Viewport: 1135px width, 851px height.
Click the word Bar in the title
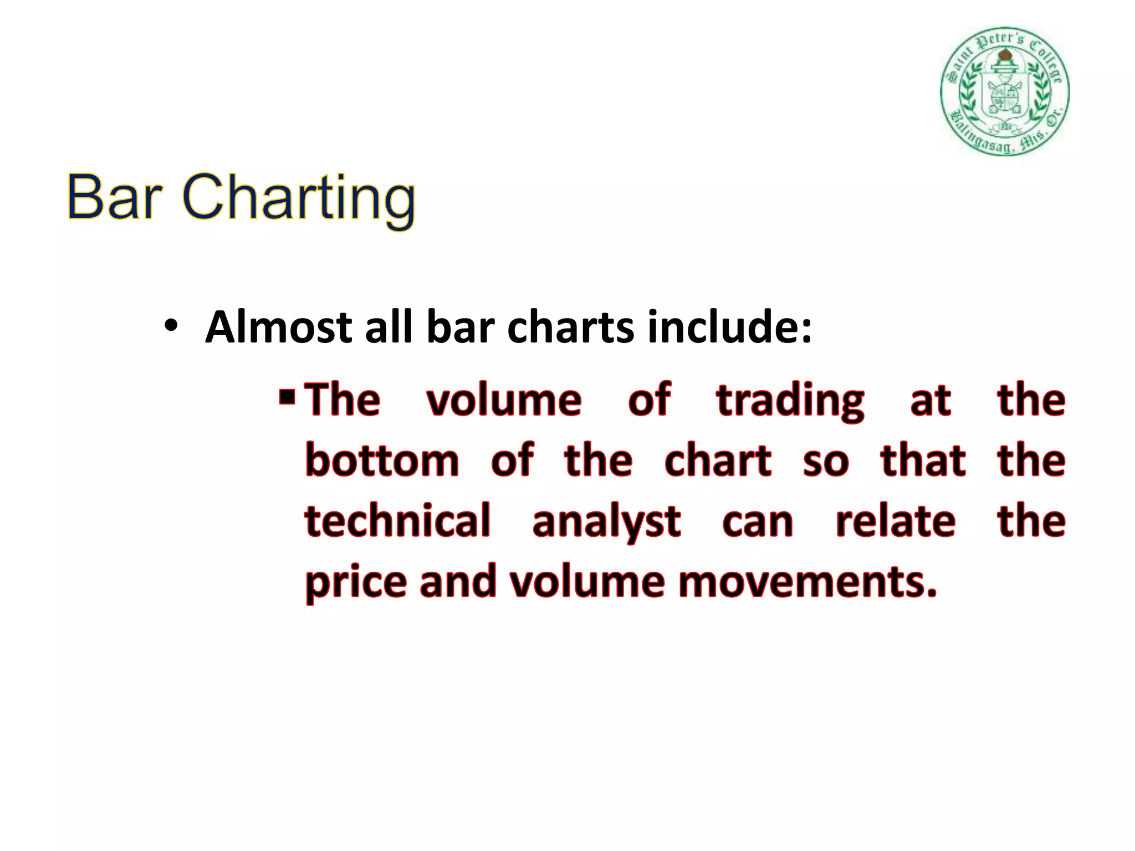coord(114,197)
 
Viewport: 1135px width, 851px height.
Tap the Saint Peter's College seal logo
coord(1004,91)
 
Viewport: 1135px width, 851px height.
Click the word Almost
coord(279,327)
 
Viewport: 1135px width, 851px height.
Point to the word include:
coord(729,327)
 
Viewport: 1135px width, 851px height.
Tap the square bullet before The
coord(287,397)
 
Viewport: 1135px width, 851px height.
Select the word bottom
coord(382,460)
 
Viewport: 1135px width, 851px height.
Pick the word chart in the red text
coord(718,460)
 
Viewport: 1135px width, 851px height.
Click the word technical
coord(397,521)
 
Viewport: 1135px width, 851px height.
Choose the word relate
coord(896,521)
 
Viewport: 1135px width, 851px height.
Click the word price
coord(356,583)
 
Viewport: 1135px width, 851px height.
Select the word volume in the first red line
coord(504,400)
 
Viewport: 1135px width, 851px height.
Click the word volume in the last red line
coord(587,582)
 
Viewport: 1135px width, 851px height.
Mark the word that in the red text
coord(923,460)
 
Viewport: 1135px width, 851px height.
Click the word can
coord(758,522)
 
